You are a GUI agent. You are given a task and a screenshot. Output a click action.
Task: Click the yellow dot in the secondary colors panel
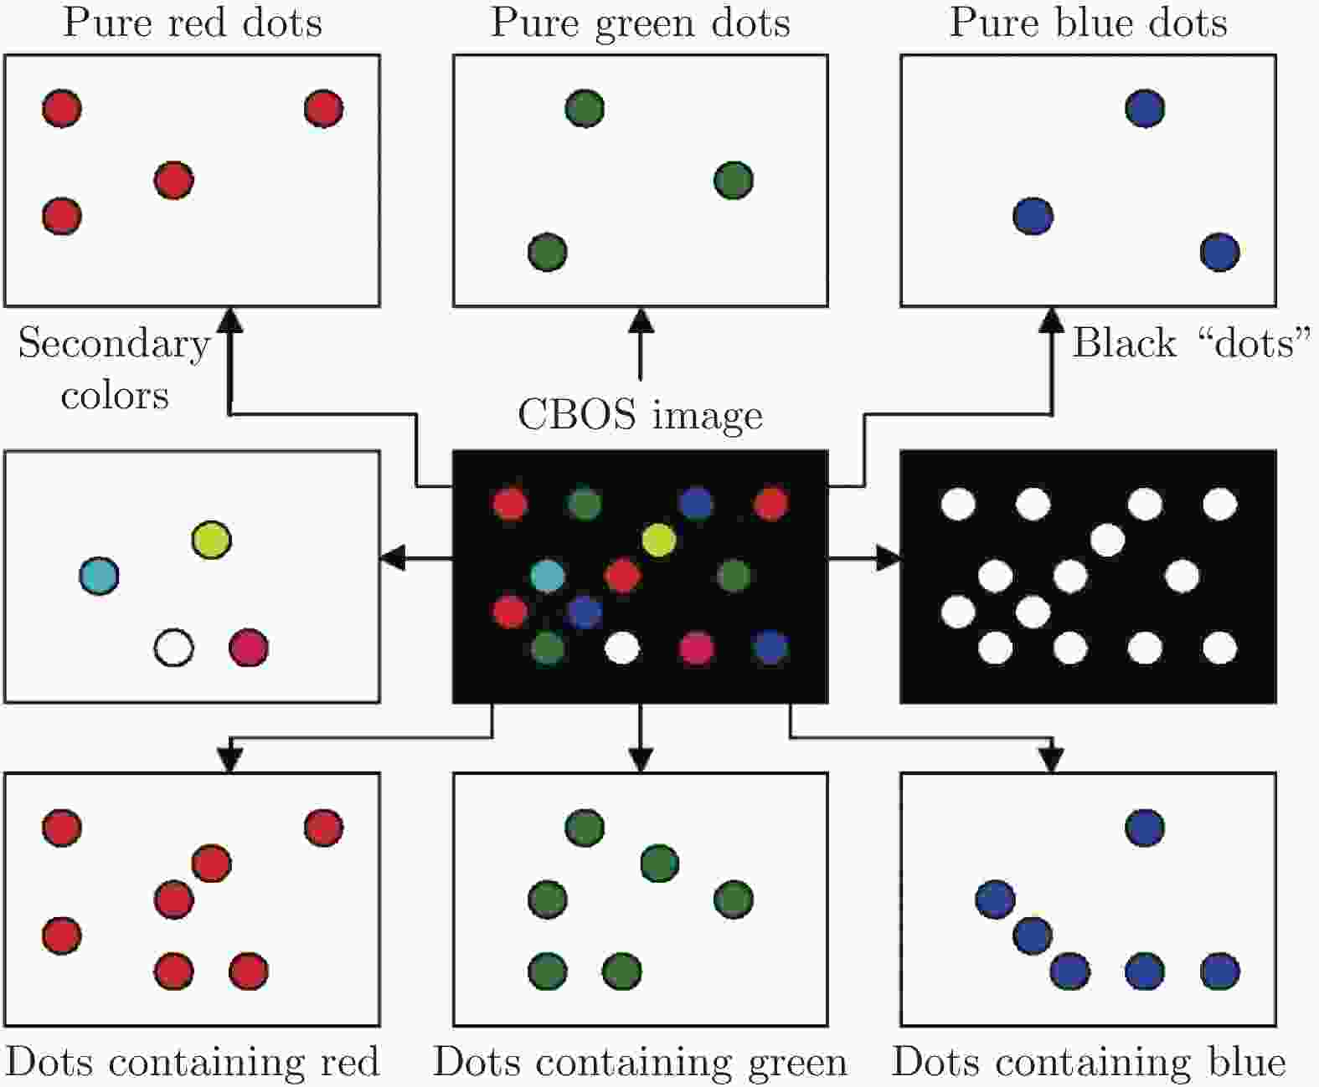211,540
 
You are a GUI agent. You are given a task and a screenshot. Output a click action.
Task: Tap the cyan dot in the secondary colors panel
99,576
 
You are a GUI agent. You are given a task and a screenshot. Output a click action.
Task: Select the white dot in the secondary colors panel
174,648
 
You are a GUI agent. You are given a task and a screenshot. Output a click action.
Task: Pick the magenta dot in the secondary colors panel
249,648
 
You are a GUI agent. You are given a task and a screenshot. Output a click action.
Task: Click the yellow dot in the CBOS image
659,540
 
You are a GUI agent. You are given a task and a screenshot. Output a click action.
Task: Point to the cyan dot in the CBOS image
548,576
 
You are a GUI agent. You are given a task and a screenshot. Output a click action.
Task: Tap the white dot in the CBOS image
622,648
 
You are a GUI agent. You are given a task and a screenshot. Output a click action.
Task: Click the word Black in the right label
1124,342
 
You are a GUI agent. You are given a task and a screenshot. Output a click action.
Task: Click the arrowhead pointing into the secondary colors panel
393,557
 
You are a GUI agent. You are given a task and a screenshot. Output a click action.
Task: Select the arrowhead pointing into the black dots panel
889,557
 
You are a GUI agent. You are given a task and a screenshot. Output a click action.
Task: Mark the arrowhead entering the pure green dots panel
641,320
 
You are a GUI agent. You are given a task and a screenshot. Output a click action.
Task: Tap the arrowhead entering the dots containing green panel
641,759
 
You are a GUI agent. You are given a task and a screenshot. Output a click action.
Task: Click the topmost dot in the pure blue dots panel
1145,108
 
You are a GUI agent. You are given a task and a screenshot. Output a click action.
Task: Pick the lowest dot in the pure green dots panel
548,252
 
